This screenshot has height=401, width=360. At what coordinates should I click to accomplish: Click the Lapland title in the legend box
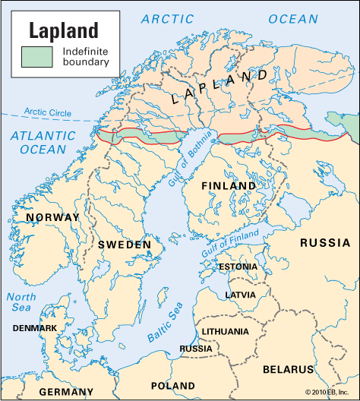65,30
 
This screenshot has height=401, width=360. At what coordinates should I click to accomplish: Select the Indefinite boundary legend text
85,56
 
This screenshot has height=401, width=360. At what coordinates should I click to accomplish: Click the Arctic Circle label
48,112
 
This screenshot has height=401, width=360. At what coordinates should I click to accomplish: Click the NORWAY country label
52,217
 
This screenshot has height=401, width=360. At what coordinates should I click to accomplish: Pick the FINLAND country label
229,185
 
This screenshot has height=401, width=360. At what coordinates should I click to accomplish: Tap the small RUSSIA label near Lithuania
196,349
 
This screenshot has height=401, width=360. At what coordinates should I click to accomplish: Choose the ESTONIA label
238,267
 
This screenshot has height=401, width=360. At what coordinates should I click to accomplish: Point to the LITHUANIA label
224,331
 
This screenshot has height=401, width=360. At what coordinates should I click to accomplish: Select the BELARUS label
287,369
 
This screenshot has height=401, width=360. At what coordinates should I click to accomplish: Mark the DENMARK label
35,328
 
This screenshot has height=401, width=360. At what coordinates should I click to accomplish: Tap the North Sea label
21,303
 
